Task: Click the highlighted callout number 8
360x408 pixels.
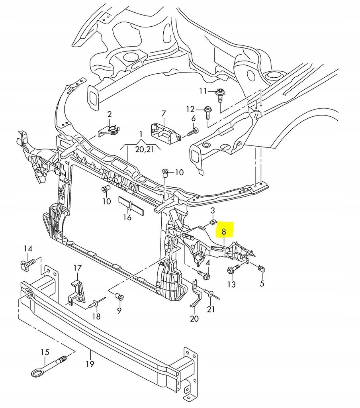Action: click(x=224, y=231)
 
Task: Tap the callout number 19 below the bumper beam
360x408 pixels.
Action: click(x=90, y=364)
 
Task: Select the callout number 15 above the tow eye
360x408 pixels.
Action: click(x=45, y=352)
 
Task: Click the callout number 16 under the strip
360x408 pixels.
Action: click(x=127, y=217)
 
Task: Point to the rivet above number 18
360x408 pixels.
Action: click(x=96, y=304)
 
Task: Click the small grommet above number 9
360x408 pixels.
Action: click(x=119, y=296)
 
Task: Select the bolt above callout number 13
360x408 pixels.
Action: click(x=232, y=270)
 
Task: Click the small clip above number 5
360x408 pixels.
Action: click(x=261, y=269)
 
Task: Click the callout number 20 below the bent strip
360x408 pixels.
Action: click(x=194, y=319)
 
